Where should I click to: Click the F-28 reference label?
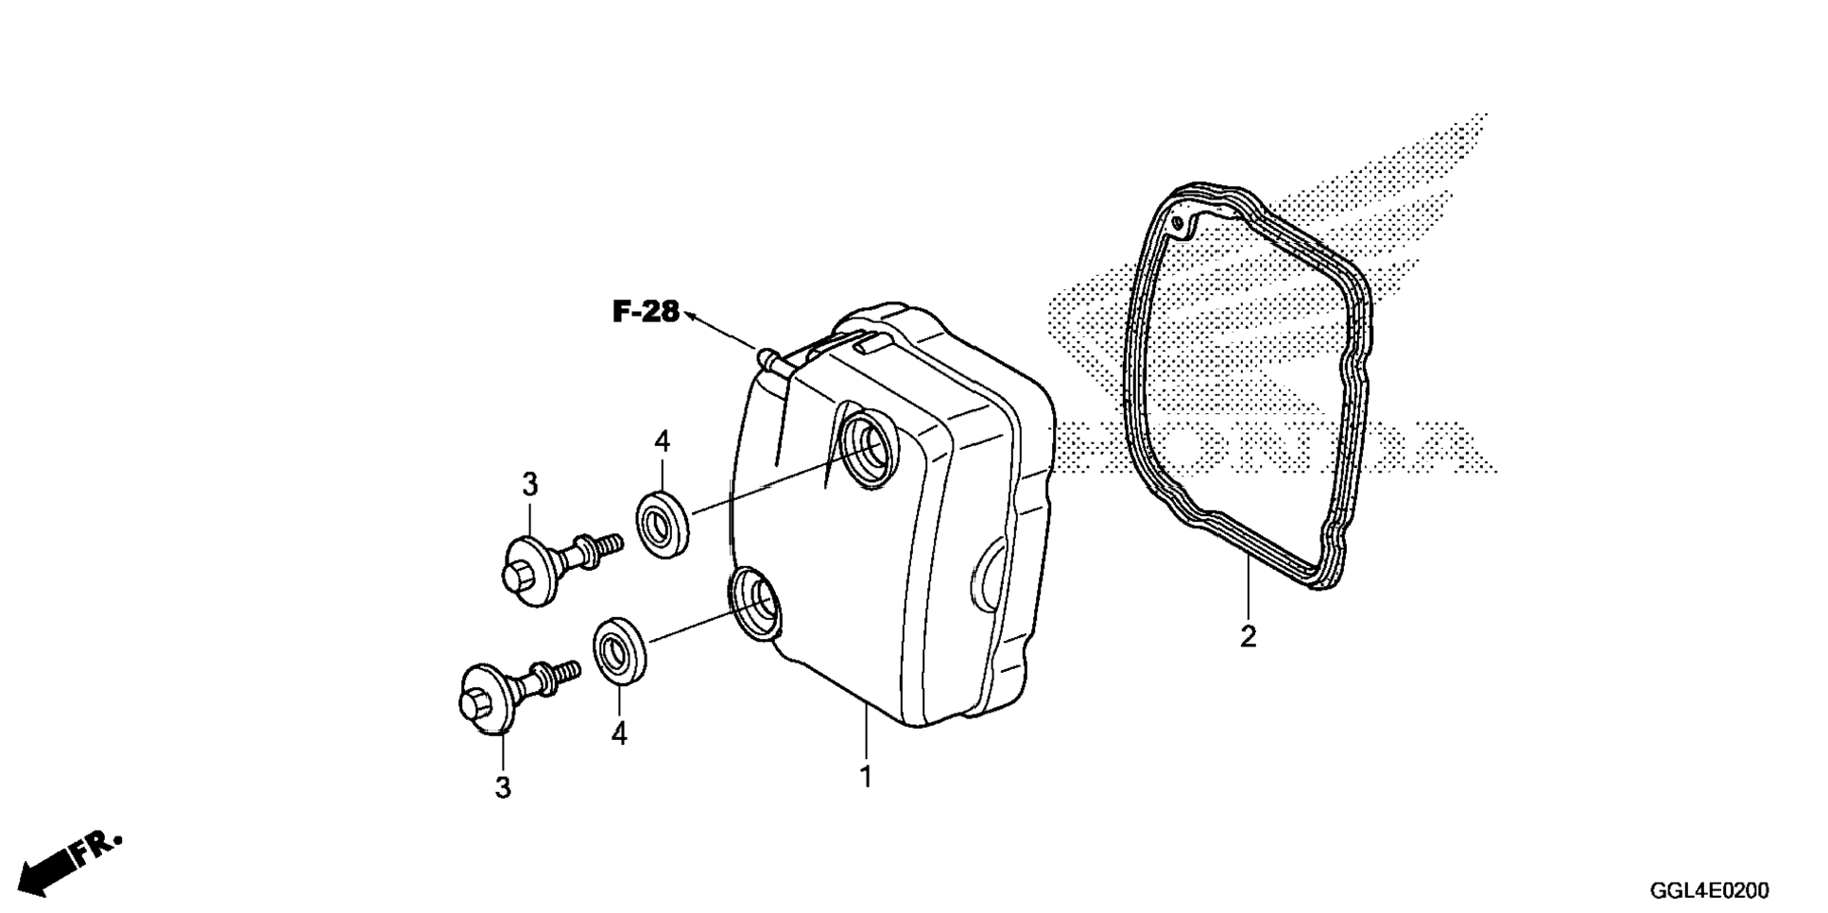(646, 311)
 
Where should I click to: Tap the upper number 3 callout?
(529, 485)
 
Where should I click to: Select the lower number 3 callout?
(503, 787)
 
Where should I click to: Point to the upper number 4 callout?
(662, 441)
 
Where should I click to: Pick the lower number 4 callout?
(619, 733)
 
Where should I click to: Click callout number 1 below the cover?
(865, 777)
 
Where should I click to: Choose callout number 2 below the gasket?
(1248, 636)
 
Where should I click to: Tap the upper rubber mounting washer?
(662, 524)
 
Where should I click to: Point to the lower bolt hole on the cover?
(755, 601)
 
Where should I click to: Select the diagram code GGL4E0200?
(1709, 890)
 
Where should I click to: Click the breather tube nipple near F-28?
(768, 357)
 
